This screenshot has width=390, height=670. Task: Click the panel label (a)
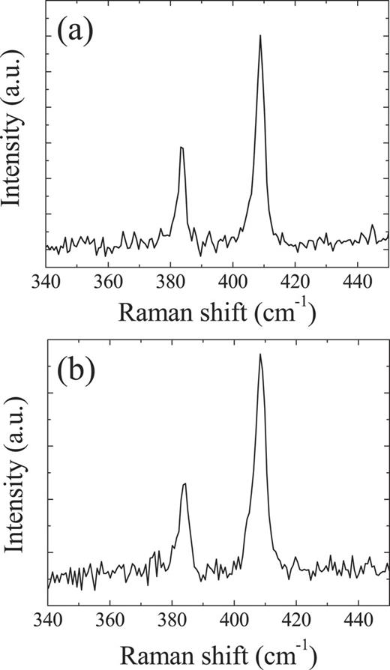click(x=75, y=34)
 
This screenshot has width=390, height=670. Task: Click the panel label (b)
click(x=75, y=371)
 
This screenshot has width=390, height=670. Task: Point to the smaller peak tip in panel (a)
click(x=181, y=147)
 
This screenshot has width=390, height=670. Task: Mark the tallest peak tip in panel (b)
click(x=260, y=354)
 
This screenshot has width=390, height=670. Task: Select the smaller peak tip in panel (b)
click(x=184, y=484)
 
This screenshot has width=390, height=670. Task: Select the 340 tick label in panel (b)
click(x=46, y=621)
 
